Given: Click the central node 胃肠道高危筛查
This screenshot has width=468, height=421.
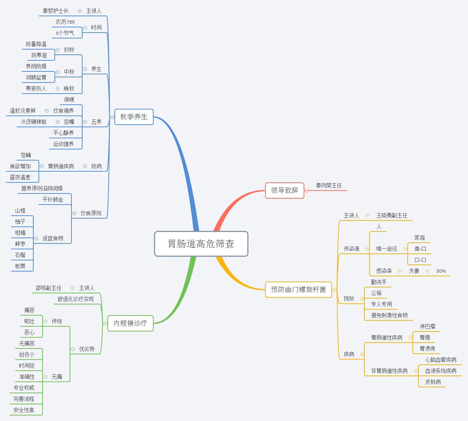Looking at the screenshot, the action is point(201,244).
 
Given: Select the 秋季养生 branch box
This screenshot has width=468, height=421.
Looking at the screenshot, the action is point(134,117).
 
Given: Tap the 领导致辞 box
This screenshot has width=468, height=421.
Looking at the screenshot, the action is point(285,191).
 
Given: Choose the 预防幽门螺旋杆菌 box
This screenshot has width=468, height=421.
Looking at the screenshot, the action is point(298,290).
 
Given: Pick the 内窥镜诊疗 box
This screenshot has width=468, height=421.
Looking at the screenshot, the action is point(130,323).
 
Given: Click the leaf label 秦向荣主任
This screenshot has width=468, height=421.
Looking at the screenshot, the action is point(329,186).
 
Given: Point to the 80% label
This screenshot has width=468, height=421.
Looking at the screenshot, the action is point(441,271).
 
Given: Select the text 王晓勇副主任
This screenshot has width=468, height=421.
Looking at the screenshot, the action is point(392,215).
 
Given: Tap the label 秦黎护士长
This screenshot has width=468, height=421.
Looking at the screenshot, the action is point(56,11).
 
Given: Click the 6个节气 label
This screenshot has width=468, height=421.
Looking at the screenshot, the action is point(65,33).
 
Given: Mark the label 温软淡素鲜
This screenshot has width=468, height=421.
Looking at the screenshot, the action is point(23,111).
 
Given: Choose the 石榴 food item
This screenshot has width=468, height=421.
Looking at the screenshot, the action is point(20,255).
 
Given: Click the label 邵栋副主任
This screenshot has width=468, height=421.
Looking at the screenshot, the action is point(49,288).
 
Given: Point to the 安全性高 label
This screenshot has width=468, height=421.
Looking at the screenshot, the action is point(24,410).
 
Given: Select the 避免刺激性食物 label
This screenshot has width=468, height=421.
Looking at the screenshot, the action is point(390,316).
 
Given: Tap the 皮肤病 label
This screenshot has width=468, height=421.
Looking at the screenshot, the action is point(433,382).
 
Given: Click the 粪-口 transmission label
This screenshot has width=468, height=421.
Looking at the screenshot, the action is point(420,249).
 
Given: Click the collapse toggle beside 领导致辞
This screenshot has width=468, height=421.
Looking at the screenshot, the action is point(307,191).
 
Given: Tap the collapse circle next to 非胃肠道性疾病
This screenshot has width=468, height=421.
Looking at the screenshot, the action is point(416,371).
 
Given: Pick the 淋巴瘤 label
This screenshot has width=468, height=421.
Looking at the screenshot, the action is point(427,326).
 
